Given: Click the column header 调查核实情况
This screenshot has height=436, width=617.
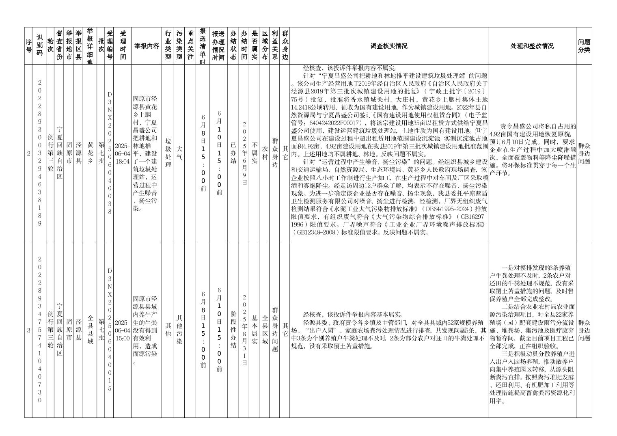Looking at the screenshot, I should click(388, 46).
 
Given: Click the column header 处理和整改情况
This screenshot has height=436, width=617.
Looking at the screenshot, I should click(532, 46).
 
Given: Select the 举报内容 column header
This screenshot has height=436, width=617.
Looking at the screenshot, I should click(146, 46).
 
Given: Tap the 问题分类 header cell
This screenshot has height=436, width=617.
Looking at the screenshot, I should click(584, 46).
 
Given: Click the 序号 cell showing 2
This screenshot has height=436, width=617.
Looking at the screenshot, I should click(28, 153).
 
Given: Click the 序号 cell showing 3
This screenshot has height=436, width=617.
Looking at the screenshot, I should click(28, 330).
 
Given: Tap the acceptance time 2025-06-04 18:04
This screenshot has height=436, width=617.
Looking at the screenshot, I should click(123, 153).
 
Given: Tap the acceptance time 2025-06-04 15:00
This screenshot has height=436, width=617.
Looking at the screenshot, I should click(123, 330).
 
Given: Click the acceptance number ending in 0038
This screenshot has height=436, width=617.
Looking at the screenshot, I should click(109, 153).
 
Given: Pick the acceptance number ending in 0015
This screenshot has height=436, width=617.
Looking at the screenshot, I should click(109, 330).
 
